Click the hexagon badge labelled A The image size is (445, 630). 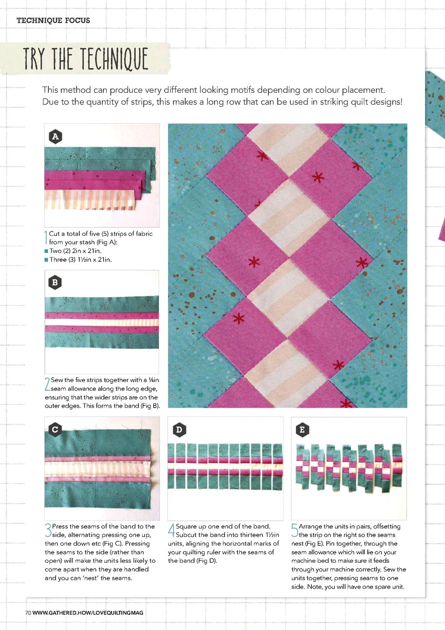(x=56, y=137)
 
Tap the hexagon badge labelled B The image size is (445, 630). (x=55, y=282)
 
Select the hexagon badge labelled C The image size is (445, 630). (x=55, y=430)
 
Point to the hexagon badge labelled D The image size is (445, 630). (x=179, y=430)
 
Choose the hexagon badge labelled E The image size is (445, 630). (x=302, y=430)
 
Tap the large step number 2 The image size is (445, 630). (x=47, y=384)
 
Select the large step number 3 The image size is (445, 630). (x=48, y=530)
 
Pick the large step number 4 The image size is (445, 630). (x=172, y=530)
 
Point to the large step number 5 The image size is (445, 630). (x=294, y=530)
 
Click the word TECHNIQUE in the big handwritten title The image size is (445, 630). (x=114, y=58)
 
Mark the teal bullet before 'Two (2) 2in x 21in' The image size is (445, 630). (x=47, y=251)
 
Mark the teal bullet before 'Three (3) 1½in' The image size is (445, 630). (x=47, y=260)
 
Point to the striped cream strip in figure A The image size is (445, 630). (x=90, y=200)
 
